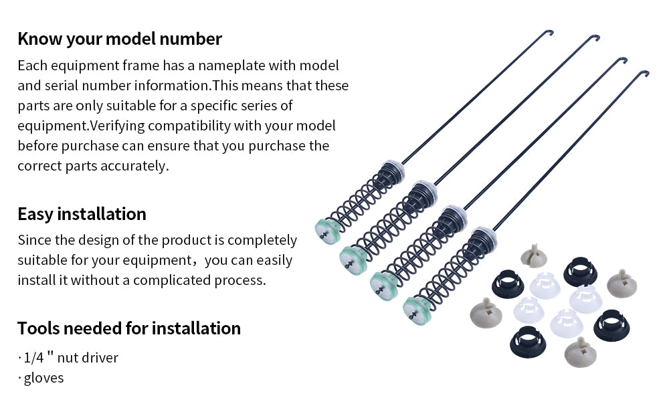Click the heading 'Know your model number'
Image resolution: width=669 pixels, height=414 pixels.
120,39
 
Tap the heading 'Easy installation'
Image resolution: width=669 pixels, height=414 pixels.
82,214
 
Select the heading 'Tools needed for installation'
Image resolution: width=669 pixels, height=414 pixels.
129,328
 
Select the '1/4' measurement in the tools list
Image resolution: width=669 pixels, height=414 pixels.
33,357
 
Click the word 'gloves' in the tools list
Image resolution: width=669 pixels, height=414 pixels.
43,378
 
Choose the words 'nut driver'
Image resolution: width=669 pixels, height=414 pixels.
88,357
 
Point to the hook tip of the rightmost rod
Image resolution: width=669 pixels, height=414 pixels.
647,74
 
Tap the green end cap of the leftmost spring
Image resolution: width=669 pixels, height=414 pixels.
327,231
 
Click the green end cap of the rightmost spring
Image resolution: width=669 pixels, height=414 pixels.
416,310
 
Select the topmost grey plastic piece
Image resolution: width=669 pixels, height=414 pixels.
534,255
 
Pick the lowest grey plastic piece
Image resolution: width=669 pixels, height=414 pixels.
581,352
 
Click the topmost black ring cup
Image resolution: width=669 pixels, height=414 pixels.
580,271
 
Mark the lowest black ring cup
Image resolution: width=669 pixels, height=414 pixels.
528,342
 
